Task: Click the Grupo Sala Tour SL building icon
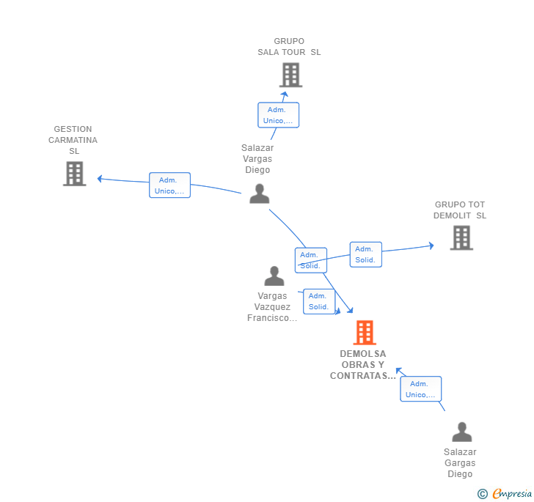(290, 75)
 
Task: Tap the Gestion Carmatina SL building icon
(75, 174)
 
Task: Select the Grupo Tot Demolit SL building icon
(461, 238)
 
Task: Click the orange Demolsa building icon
(365, 333)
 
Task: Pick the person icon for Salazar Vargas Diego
(260, 193)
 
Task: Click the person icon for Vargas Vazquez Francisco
(274, 276)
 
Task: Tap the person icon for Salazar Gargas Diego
(462, 432)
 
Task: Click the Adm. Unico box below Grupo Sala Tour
(278, 115)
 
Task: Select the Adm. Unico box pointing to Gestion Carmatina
(169, 185)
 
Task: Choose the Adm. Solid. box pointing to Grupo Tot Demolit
(366, 254)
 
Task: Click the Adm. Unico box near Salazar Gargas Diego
(420, 389)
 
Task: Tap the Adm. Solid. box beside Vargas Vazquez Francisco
(319, 301)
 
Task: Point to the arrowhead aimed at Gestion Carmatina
(100, 179)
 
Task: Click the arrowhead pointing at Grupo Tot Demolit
(431, 246)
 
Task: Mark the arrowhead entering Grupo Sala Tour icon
(285, 94)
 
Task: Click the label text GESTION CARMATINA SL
(73, 140)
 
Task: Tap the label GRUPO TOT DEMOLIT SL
(460, 210)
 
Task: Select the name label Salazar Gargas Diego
(460, 463)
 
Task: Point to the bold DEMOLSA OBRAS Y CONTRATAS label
(363, 365)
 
